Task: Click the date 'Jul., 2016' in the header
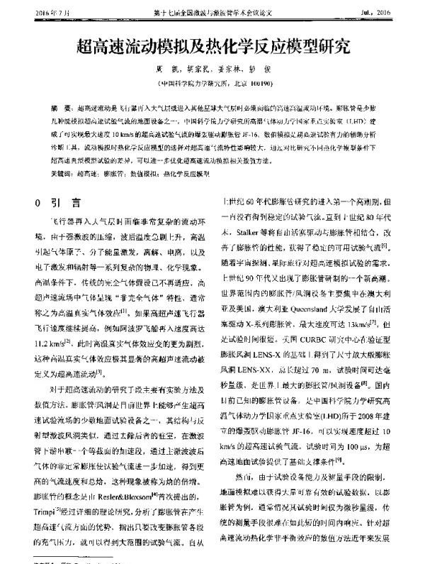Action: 384,13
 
